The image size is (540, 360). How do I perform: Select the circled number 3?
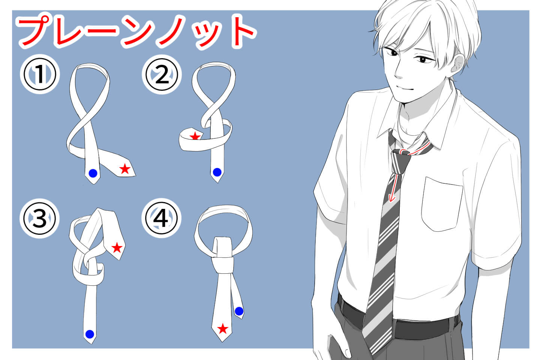[x=39, y=219]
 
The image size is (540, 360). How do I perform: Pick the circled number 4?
[x=162, y=219]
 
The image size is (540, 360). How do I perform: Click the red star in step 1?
[x=125, y=169]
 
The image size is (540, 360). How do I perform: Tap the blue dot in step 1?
[x=93, y=173]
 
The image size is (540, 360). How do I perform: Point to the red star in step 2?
[x=195, y=136]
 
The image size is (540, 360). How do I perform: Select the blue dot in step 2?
[x=217, y=172]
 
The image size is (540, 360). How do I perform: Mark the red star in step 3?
[x=117, y=247]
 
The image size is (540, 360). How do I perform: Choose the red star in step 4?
[x=223, y=329]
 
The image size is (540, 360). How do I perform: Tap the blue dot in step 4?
[x=239, y=311]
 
